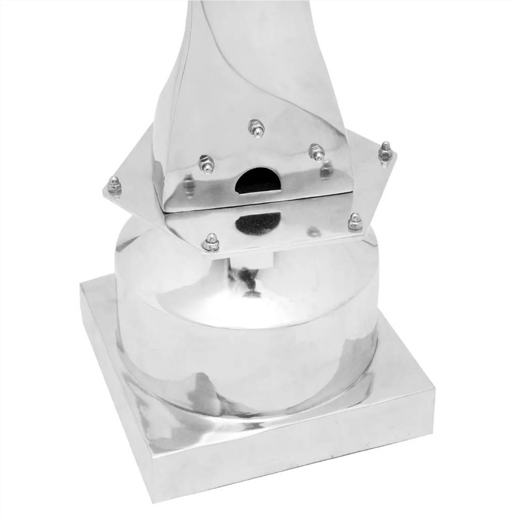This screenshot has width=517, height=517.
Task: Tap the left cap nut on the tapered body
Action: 206,163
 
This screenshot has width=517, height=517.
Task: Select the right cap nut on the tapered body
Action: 316,151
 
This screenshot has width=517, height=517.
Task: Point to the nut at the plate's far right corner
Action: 385,151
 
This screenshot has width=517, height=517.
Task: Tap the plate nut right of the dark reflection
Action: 355,221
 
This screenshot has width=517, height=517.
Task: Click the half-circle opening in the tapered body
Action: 258,181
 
